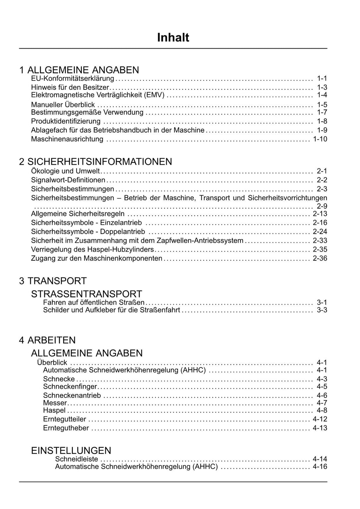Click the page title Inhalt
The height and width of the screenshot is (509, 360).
173,37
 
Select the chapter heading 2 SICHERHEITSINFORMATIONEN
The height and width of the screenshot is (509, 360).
96,161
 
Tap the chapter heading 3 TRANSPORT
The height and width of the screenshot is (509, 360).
53,281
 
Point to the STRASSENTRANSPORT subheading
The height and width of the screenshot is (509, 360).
86,294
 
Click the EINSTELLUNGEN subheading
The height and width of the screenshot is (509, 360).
71,450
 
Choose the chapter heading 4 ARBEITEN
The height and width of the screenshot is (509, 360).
47,340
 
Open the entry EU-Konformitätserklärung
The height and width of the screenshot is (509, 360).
72,78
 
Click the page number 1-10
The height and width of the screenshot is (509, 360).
320,139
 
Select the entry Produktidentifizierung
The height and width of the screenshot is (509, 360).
66,121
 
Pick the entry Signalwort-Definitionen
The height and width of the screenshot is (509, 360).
68,180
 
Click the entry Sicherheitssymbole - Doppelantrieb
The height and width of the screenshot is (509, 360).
88,231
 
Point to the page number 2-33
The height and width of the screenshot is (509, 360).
320,241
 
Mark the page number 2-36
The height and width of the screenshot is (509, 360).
320,258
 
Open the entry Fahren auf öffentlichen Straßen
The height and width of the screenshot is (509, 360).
94,302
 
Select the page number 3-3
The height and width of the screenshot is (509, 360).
322,310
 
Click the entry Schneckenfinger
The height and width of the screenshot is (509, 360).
70,387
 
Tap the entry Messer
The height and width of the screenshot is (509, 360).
55,403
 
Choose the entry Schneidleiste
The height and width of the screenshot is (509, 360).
77,459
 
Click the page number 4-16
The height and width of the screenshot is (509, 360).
320,467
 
